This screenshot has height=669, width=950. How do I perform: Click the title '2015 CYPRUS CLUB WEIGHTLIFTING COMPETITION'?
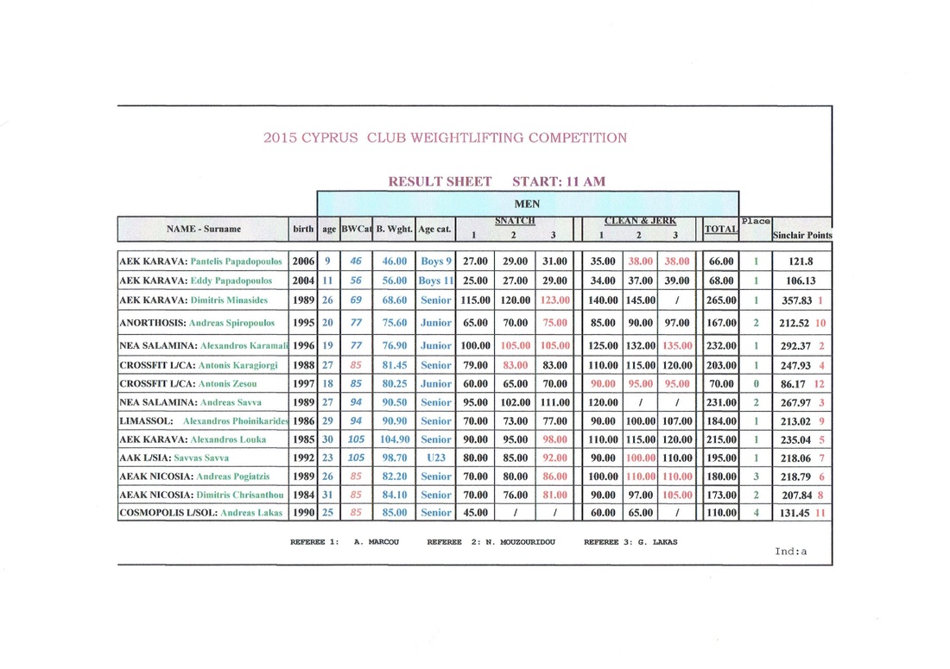(x=445, y=137)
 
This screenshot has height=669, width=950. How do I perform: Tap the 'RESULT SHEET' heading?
(x=440, y=181)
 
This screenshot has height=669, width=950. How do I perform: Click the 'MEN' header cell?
(x=527, y=204)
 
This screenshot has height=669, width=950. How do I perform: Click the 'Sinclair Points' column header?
(x=801, y=234)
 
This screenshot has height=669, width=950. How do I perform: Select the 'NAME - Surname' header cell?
(x=204, y=229)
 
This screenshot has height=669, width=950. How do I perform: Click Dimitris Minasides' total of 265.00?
(x=720, y=300)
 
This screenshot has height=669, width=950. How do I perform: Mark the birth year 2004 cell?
(x=303, y=281)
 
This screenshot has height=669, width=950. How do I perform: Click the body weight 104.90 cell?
(x=394, y=439)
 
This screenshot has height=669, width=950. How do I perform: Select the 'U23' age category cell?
(x=435, y=458)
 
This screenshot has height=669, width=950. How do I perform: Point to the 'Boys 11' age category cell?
(x=435, y=281)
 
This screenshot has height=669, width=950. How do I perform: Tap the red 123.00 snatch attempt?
(x=553, y=300)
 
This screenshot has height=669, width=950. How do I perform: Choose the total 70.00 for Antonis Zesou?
(x=720, y=383)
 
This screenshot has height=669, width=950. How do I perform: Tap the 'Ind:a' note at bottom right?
(x=790, y=552)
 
